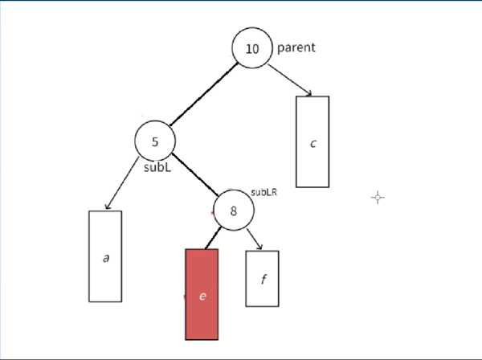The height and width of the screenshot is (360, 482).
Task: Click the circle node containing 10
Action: point(252,49)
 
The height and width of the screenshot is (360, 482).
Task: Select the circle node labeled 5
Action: point(155,141)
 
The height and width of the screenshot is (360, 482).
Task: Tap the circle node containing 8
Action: point(234,211)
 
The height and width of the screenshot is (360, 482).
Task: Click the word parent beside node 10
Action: point(296,47)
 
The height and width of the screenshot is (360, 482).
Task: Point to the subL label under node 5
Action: point(157,169)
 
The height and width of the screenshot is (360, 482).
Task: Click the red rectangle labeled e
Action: point(202,294)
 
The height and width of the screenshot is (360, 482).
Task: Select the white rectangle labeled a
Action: point(105,256)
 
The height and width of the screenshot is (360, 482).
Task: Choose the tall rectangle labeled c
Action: point(312,141)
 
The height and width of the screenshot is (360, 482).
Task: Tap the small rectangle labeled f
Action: point(262,278)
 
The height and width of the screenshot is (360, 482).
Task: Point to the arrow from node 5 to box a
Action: point(122,184)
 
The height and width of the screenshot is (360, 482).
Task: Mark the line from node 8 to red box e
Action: point(212,239)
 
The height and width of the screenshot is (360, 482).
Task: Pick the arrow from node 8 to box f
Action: point(255,239)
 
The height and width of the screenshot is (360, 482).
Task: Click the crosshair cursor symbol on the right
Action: point(378,198)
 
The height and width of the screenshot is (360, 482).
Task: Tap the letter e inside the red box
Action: point(202,297)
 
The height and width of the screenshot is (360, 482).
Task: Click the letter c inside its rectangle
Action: point(313,144)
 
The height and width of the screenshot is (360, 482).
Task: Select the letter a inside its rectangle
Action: point(106,258)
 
